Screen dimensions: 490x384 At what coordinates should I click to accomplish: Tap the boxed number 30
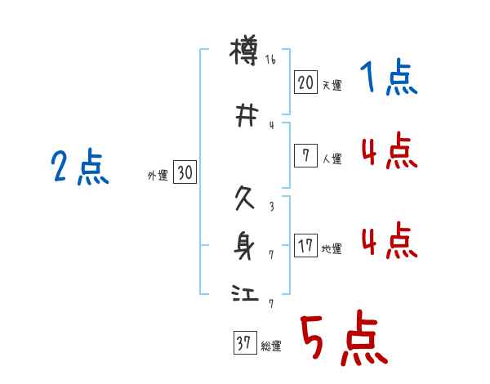(x=185, y=172)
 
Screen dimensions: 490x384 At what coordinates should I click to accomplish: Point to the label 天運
(x=332, y=85)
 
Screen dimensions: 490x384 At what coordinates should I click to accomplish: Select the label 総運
(x=271, y=346)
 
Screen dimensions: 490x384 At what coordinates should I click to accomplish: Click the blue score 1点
(x=388, y=78)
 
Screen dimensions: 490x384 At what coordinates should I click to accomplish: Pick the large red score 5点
(x=342, y=341)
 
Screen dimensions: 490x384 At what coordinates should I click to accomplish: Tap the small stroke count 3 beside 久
(x=271, y=208)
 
